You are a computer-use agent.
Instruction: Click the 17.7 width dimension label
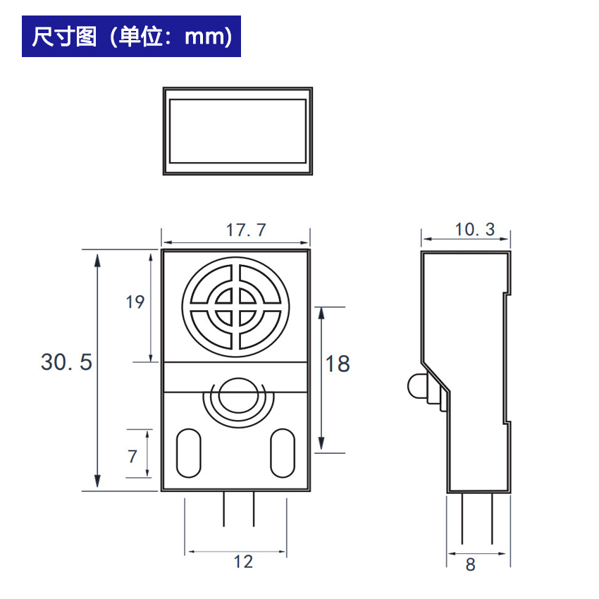[246, 230]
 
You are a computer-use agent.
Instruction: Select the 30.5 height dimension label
[66, 362]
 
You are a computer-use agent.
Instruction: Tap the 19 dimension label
[135, 302]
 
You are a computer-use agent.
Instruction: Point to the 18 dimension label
[338, 364]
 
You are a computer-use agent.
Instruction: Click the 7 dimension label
[132, 456]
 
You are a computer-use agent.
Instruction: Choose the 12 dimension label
[243, 562]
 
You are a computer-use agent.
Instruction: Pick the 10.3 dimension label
[475, 229]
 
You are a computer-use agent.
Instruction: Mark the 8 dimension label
[470, 564]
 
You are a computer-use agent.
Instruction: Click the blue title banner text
[132, 37]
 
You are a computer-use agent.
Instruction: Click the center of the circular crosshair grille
[235, 307]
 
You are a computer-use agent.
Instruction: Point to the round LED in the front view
[239, 395]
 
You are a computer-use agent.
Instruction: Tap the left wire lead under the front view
[224, 510]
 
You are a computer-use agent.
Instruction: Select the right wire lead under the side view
[492, 519]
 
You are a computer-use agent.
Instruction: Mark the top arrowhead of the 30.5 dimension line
[97, 260]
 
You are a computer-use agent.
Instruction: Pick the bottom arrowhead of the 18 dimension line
[321, 443]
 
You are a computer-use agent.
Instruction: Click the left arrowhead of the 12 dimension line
[192, 552]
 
